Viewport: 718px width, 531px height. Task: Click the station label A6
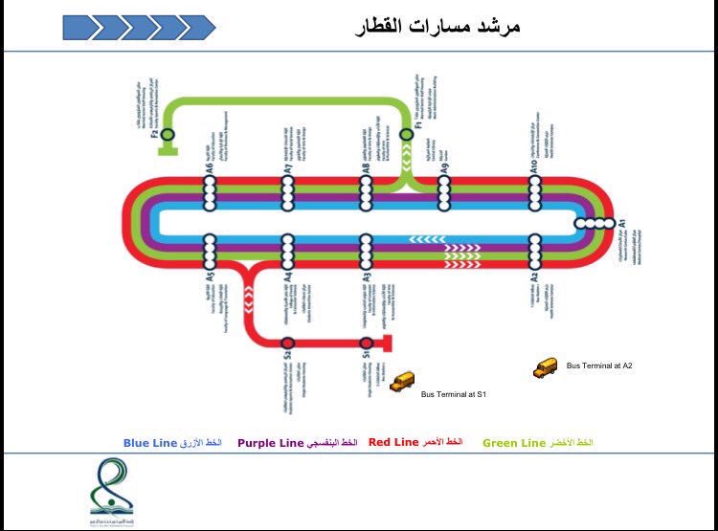tap(209, 169)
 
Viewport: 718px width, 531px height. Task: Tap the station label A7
tap(287, 169)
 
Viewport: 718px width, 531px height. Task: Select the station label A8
tap(366, 169)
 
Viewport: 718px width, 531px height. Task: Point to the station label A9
tap(444, 169)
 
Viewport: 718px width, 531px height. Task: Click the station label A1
tap(620, 222)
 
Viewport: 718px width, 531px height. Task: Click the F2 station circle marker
tap(168, 135)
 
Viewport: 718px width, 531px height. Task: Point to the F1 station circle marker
tap(407, 135)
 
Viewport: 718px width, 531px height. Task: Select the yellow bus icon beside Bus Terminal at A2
tap(546, 366)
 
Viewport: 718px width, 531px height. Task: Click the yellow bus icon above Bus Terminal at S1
tap(402, 381)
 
